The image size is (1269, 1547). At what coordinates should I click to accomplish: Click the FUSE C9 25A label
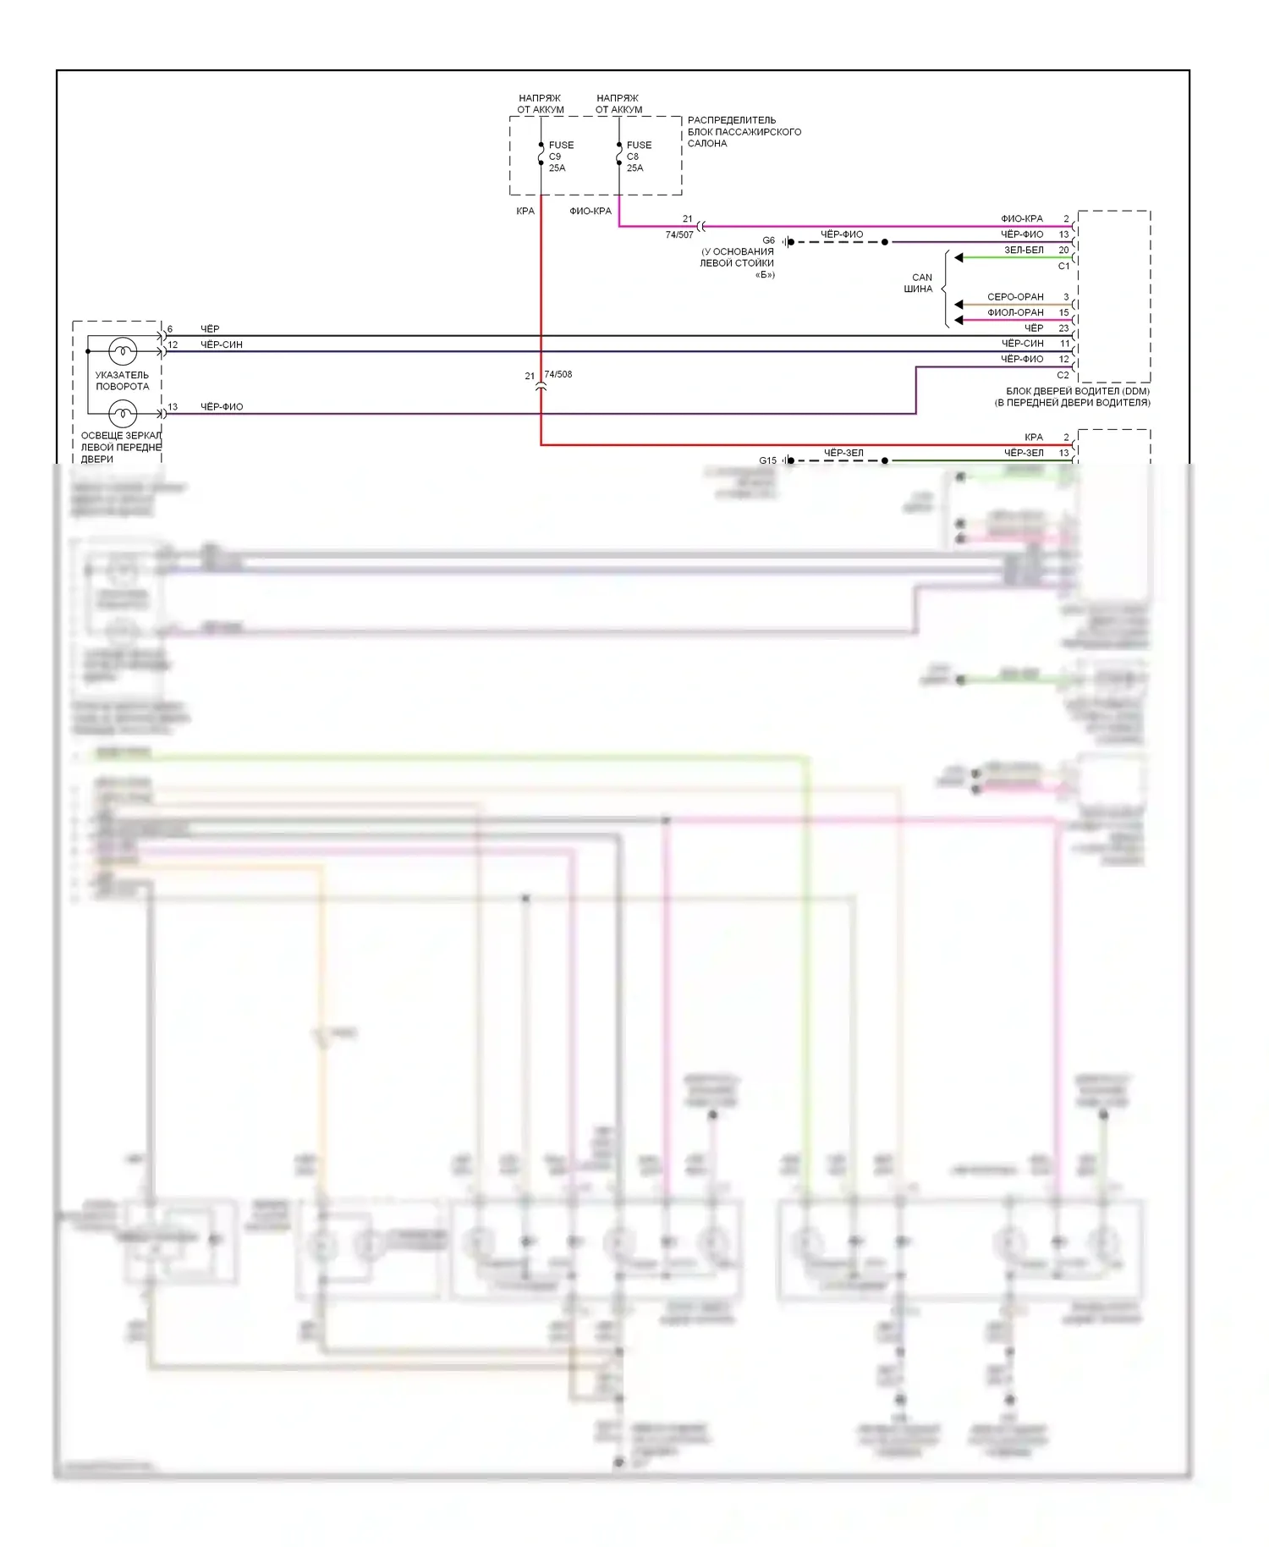click(560, 157)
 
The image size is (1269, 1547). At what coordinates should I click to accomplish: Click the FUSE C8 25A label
click(638, 157)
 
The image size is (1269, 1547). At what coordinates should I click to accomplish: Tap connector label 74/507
click(678, 235)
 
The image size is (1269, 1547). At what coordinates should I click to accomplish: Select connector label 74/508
click(558, 374)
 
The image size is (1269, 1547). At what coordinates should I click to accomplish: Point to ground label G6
click(768, 240)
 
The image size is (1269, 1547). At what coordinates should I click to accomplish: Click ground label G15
click(767, 460)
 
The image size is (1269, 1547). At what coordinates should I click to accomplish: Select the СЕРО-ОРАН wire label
click(1015, 297)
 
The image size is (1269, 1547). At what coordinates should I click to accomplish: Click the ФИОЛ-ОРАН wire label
click(1015, 312)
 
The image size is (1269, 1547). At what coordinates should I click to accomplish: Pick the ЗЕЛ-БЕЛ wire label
click(1024, 250)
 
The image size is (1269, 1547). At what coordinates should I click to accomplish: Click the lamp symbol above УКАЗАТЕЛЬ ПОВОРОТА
click(123, 350)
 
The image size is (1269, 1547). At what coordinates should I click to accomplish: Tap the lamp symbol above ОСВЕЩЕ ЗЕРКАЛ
click(123, 414)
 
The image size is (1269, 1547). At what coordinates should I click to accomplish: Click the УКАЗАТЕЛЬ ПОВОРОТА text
click(122, 381)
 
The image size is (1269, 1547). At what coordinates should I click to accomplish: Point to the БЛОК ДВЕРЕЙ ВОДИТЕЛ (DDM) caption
click(1073, 397)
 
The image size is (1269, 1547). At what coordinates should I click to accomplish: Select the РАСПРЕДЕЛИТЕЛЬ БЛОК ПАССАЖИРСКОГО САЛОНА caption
click(744, 132)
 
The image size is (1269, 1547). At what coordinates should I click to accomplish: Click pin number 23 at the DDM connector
click(1063, 328)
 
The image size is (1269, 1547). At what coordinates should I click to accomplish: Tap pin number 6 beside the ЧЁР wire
click(170, 329)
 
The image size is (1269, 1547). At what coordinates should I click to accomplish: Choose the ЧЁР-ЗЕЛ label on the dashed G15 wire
click(843, 453)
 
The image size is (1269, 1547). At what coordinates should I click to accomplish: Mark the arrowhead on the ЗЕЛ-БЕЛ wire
click(959, 257)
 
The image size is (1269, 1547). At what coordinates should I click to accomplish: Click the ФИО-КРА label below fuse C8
click(590, 211)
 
